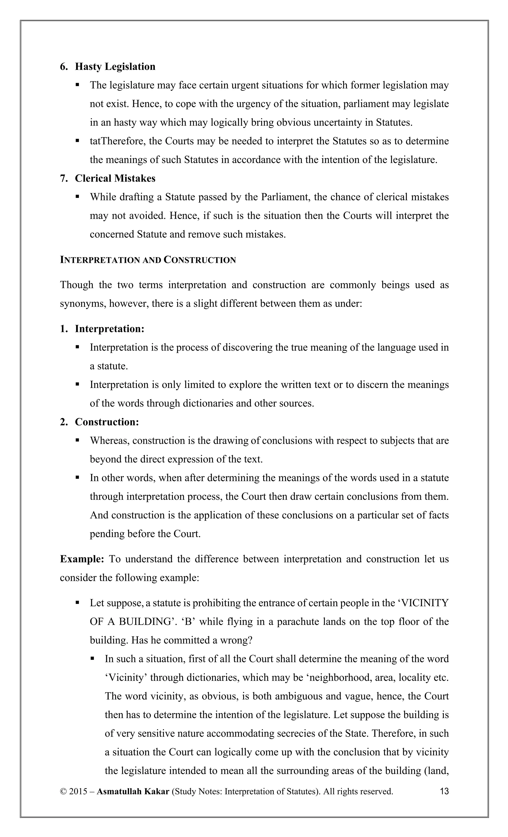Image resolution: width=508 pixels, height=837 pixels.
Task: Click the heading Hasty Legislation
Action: [115, 66]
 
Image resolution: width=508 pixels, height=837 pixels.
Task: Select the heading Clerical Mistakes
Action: [115, 178]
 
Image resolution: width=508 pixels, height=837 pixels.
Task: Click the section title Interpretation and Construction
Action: [148, 260]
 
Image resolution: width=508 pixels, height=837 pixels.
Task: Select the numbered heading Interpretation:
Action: [109, 329]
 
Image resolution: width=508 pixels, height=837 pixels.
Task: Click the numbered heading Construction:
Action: [107, 422]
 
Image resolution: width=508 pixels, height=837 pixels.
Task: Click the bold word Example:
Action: [82, 559]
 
